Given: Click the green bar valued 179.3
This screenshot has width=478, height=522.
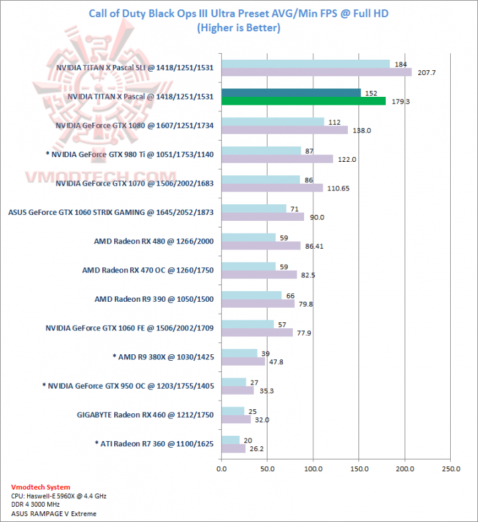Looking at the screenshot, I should tap(303, 101).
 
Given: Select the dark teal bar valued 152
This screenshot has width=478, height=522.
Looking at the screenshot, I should tap(291, 93).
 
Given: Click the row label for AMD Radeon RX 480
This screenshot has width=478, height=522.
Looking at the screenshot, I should tap(154, 241).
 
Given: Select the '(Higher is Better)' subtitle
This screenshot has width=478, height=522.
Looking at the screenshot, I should tap(239, 28).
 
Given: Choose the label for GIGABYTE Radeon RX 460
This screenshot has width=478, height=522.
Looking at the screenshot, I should tap(145, 415).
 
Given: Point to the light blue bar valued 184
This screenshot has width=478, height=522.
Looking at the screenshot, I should tap(305, 64).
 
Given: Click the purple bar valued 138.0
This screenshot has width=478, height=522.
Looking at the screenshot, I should tap(284, 130).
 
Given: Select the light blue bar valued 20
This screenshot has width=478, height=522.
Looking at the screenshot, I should tap(230, 440).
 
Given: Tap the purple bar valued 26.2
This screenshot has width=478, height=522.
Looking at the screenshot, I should tap(233, 448).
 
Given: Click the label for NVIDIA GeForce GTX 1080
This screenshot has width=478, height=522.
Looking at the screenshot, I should tap(135, 125).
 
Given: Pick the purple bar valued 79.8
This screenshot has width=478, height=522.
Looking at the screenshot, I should tap(258, 304).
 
